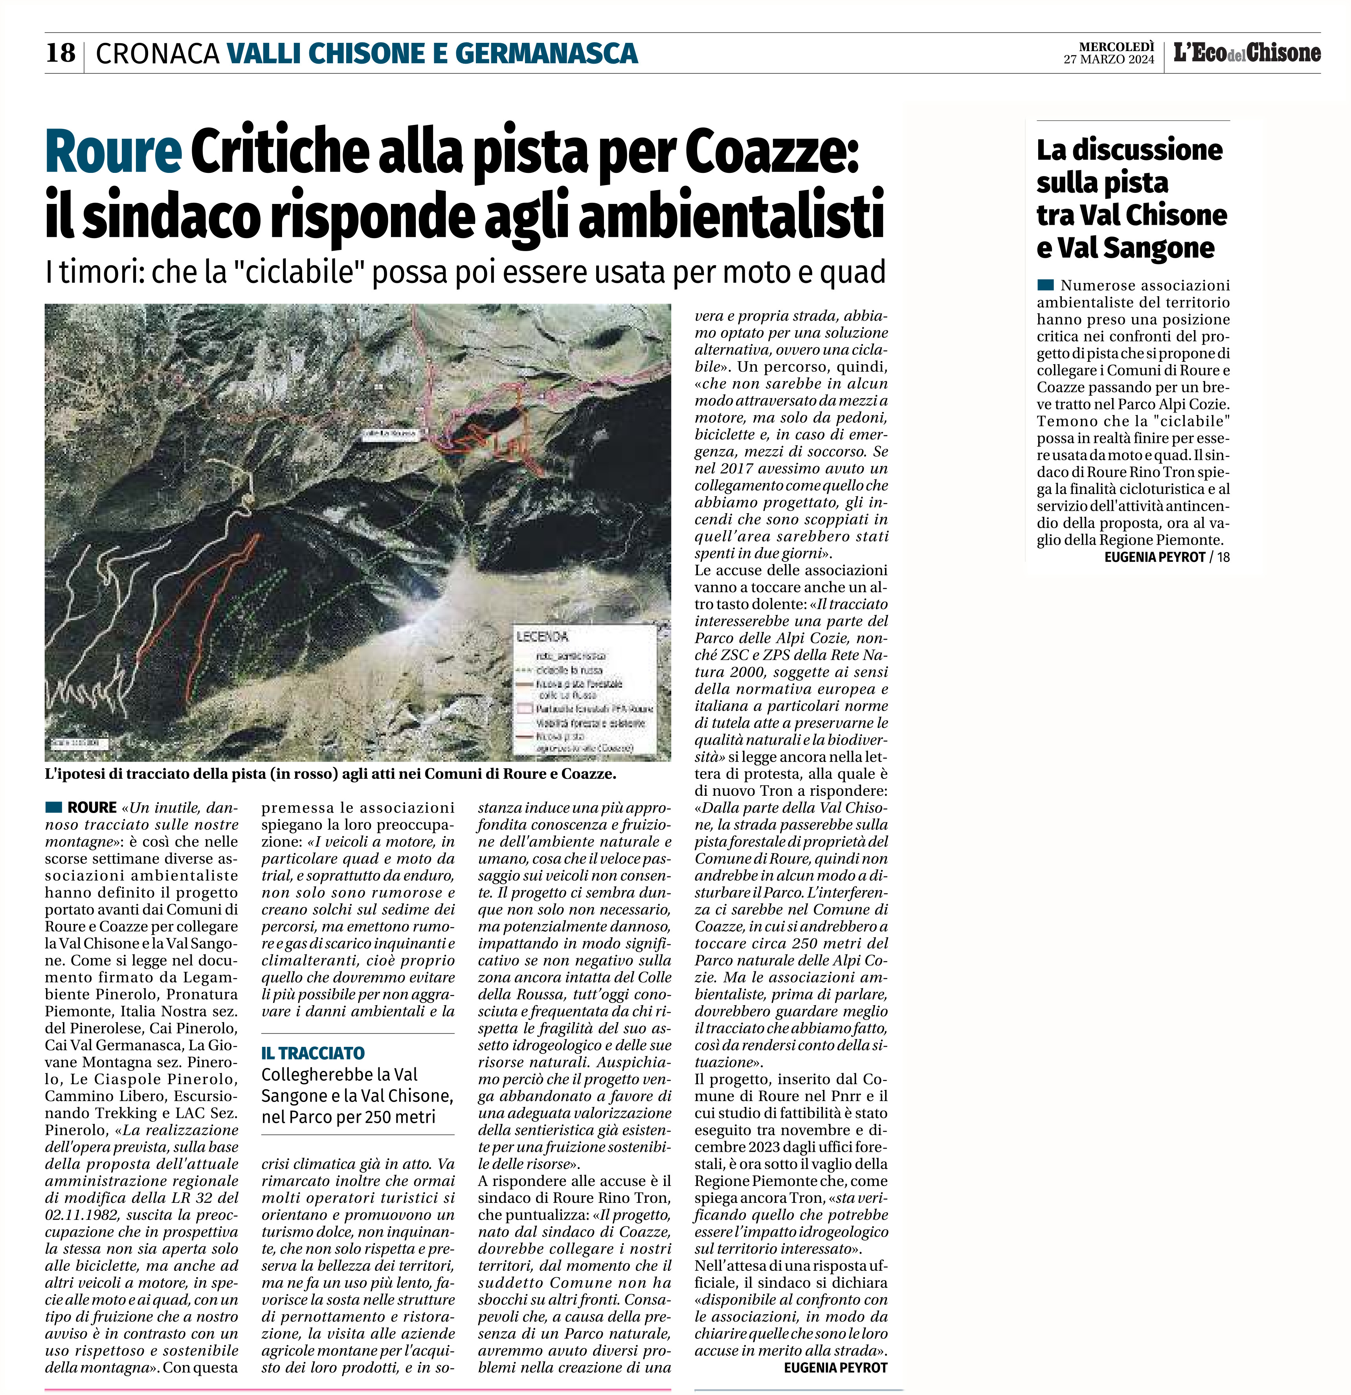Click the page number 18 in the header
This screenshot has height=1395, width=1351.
(x=61, y=53)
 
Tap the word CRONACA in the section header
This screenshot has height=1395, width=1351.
(x=157, y=53)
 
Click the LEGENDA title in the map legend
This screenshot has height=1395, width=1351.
(x=542, y=635)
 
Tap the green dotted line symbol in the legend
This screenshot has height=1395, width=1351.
(x=525, y=670)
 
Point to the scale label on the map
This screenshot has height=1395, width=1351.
(x=78, y=743)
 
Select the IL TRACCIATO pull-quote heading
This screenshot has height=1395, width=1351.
(x=312, y=1053)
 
